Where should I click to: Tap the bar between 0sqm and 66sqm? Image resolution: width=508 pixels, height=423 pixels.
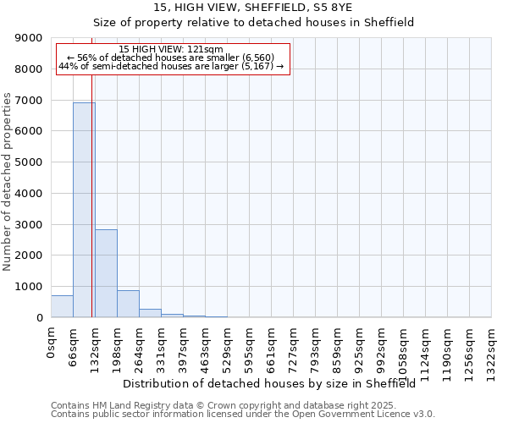point(62,306)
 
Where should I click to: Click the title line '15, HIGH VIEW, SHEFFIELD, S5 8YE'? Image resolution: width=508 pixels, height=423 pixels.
point(253,8)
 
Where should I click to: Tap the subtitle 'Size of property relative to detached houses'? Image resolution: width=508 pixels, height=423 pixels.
point(253,23)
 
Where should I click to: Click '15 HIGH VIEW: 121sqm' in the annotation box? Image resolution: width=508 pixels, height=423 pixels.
point(171,50)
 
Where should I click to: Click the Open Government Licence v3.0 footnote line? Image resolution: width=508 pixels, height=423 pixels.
point(243,415)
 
